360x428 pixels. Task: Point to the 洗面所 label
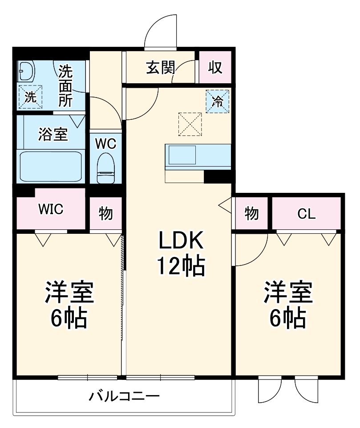(65, 86)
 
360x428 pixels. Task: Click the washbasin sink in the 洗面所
(26, 71)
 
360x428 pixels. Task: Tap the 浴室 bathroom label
(53, 134)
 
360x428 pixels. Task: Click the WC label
(106, 143)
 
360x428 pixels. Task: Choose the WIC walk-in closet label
(51, 209)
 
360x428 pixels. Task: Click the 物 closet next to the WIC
(105, 214)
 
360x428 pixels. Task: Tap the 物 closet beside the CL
(251, 214)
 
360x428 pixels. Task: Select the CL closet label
(307, 214)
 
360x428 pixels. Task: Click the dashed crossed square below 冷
(190, 124)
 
